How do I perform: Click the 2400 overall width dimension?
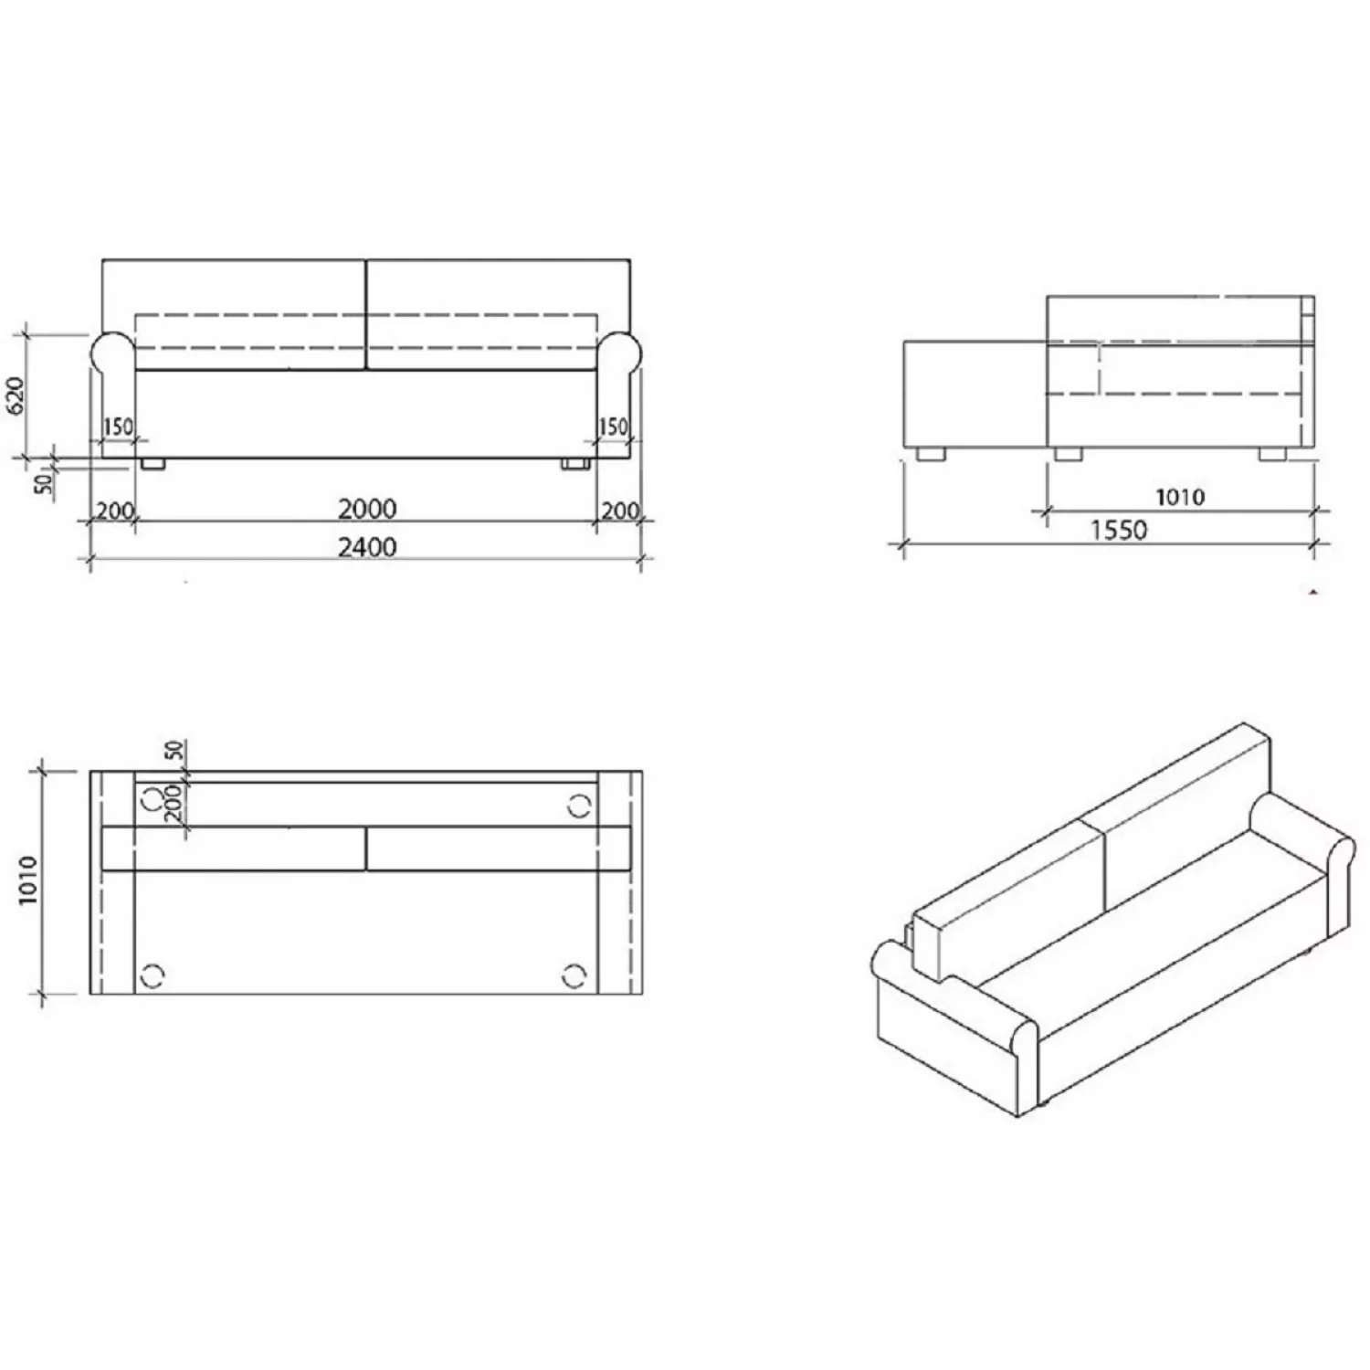pos(367,547)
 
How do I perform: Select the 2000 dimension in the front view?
pos(367,509)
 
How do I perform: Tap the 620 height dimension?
pos(16,395)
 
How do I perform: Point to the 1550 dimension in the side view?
pos(1119,530)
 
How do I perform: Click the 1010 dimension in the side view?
pos(1180,497)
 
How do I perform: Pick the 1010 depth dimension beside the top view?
pos(27,880)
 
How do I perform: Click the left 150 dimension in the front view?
pos(118,427)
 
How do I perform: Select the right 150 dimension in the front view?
pos(613,427)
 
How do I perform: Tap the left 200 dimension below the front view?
pos(115,511)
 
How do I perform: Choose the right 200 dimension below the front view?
pos(620,511)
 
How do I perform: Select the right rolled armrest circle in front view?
pos(620,352)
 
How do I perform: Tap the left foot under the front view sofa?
pos(153,464)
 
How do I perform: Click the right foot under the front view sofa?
pos(574,464)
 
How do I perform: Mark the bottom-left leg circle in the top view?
pos(153,975)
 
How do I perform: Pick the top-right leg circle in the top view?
pos(579,805)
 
